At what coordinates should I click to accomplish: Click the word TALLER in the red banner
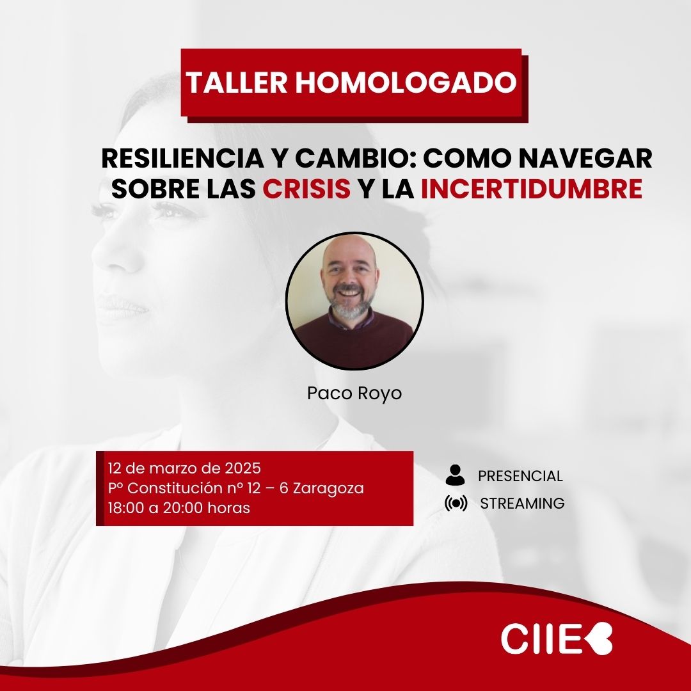point(236,83)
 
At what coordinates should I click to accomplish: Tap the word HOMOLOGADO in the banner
point(406,83)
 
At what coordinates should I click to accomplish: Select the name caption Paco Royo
point(354,393)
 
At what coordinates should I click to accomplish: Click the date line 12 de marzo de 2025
point(185,466)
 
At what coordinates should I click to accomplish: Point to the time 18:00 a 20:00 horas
point(179,509)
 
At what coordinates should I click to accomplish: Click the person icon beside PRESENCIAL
point(455,475)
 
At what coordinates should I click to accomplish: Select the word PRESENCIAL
point(520,476)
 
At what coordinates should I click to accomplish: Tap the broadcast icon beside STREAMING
point(456,504)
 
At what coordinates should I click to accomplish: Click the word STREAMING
point(522,504)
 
